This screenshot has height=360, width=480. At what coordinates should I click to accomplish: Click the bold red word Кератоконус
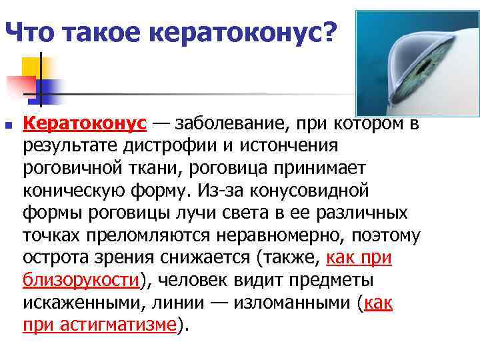tap(85, 123)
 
